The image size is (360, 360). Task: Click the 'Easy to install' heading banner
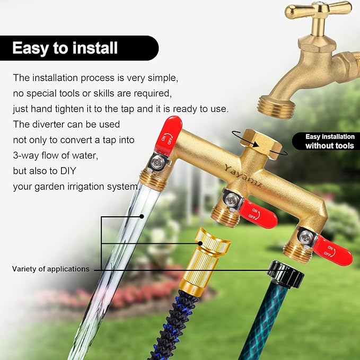(x=65, y=48)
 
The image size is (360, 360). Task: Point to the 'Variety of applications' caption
(x=51, y=269)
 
